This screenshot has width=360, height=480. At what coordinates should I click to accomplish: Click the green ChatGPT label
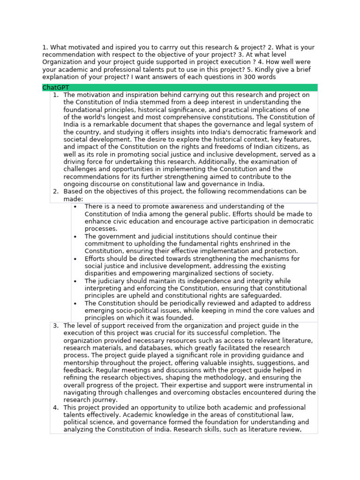[56, 88]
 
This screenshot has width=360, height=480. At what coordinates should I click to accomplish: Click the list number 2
[55, 192]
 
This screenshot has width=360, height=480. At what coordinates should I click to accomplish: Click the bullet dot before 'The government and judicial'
[75, 237]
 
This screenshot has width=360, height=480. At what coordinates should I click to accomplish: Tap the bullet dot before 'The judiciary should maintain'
[75, 281]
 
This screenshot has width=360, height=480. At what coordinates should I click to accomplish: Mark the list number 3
[55, 326]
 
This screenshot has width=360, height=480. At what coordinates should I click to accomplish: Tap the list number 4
[55, 408]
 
